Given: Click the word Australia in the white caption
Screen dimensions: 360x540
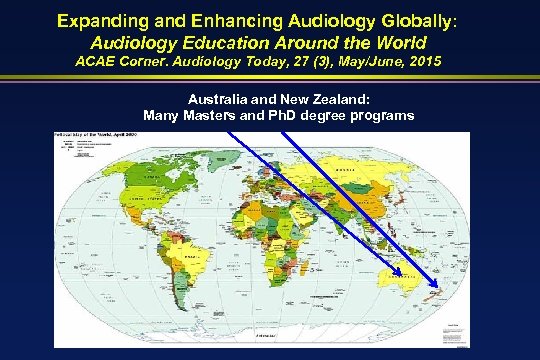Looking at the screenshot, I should tap(217, 100).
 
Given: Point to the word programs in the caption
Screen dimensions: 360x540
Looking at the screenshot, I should tap(385, 115).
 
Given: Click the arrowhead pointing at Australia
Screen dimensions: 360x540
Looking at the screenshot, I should tap(394, 272).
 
